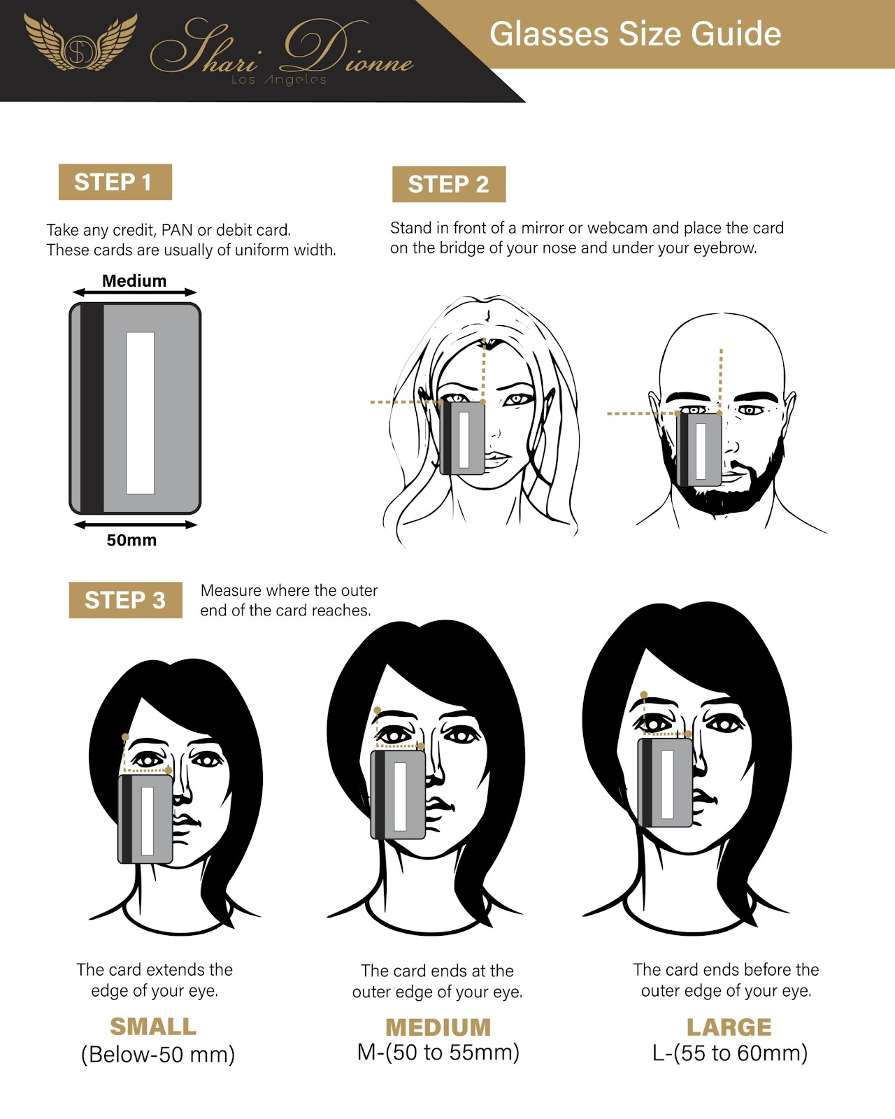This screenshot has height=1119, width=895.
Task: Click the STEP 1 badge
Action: point(115,182)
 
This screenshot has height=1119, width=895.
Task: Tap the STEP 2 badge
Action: point(449,184)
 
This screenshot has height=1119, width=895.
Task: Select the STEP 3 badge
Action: point(125,600)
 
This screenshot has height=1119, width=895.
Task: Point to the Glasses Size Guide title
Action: point(635,34)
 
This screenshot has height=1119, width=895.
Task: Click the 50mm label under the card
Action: point(131,540)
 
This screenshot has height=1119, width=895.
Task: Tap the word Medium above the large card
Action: point(134,280)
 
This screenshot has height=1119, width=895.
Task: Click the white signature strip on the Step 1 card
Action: point(140,413)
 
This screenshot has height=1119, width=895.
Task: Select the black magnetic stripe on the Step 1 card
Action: point(92,408)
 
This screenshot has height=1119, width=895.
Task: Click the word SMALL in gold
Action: point(153,1027)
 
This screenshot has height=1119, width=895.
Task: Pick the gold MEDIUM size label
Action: point(438,1027)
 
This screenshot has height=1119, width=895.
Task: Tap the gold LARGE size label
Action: point(729,1027)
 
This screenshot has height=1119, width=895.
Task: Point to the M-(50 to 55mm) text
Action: point(438,1053)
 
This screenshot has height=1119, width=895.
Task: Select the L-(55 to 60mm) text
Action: point(729,1053)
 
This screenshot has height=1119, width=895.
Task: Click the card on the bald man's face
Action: point(699,450)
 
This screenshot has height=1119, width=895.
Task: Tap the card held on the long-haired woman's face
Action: point(462,438)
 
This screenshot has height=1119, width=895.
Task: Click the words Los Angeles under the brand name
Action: point(279,80)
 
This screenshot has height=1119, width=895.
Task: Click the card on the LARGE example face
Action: point(665,783)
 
